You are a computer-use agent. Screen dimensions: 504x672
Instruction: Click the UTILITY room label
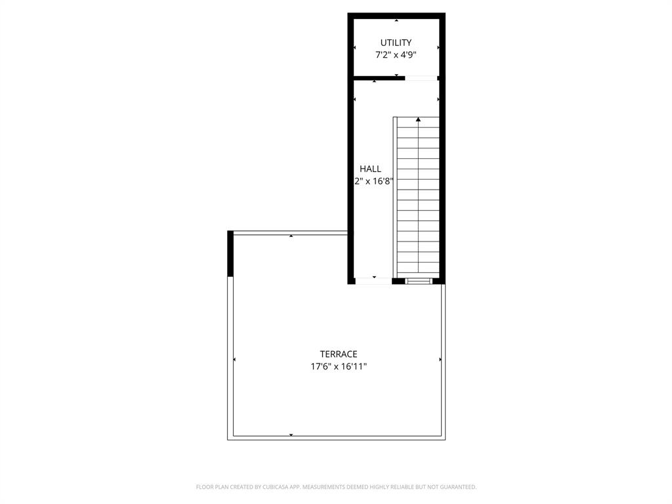click(396, 43)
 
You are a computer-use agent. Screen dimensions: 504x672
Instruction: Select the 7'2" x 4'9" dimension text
click(396, 56)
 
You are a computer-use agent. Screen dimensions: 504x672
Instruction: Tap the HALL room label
click(370, 169)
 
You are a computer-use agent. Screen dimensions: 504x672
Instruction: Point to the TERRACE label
click(339, 354)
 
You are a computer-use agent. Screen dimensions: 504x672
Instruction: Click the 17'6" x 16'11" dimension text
click(339, 367)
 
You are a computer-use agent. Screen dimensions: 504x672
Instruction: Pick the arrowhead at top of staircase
click(418, 119)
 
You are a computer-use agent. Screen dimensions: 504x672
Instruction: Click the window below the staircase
click(418, 281)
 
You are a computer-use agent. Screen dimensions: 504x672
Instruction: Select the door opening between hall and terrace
click(373, 281)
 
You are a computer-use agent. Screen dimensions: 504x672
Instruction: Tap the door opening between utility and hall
click(421, 78)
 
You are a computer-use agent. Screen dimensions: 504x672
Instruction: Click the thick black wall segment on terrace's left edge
click(230, 253)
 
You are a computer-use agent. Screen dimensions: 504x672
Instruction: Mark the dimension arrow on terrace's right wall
click(440, 360)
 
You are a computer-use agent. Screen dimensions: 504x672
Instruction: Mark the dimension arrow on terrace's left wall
click(234, 360)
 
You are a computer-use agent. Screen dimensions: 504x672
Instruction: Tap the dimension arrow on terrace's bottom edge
click(291, 435)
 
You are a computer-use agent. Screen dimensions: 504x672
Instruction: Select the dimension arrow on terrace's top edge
click(291, 236)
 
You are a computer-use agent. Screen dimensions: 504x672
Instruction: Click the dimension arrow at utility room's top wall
click(396, 20)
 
